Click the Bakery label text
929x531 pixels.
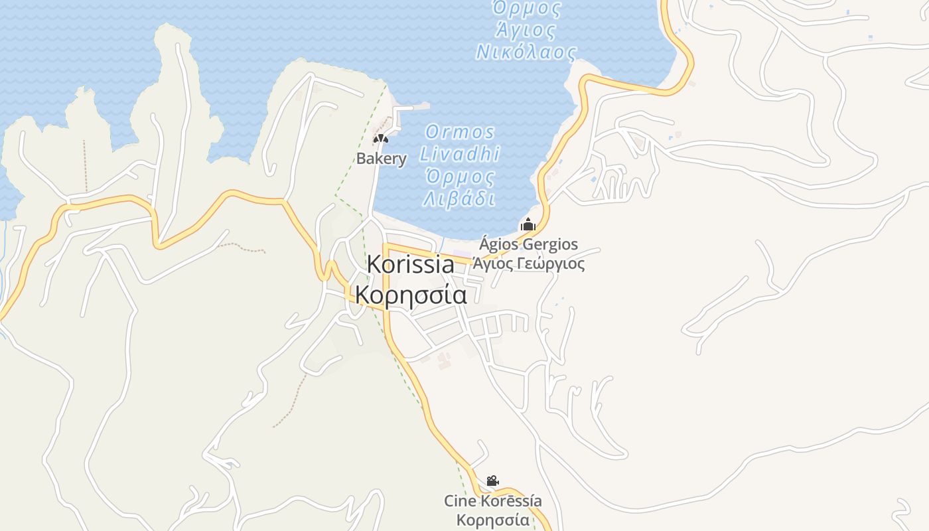(x=381, y=159)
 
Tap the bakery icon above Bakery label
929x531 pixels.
(x=380, y=139)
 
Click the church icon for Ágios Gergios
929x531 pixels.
(x=528, y=224)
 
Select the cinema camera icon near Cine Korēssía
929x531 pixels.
(x=492, y=481)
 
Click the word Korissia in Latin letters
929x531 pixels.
(x=410, y=264)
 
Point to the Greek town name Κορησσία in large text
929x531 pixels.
(x=411, y=294)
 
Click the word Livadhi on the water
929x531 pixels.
(x=459, y=154)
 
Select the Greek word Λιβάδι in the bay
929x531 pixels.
(x=459, y=198)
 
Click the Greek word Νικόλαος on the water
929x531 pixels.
(x=526, y=52)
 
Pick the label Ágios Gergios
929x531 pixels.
(x=528, y=244)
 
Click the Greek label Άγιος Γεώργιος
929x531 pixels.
(x=528, y=264)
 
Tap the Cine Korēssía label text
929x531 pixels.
(x=492, y=501)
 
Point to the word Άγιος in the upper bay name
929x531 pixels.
(x=525, y=30)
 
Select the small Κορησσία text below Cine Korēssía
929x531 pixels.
(x=492, y=519)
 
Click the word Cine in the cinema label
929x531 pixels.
(x=460, y=501)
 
